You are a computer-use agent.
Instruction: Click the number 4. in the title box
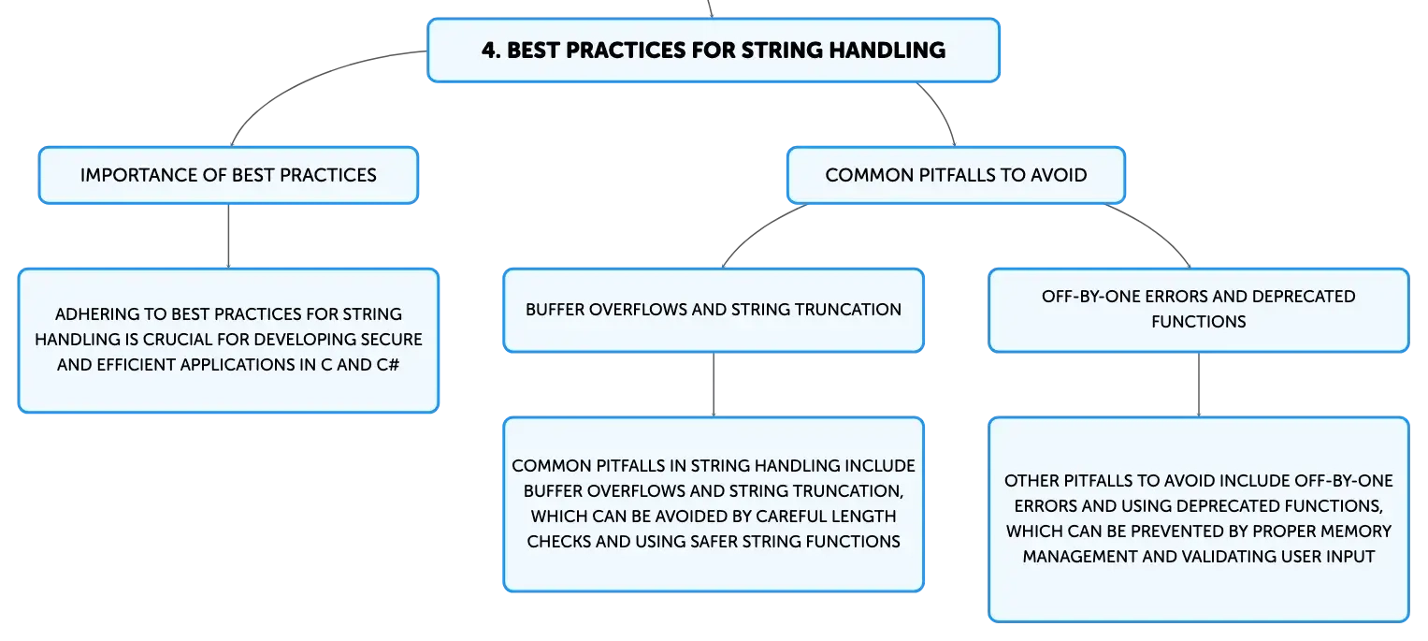click(491, 50)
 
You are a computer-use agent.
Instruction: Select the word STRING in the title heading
click(781, 50)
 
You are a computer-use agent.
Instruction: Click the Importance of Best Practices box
click(228, 175)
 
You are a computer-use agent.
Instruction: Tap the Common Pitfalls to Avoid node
click(956, 175)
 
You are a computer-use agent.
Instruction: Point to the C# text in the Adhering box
click(387, 364)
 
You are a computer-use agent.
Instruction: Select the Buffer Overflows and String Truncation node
click(714, 310)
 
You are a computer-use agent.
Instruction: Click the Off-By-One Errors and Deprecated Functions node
click(1199, 310)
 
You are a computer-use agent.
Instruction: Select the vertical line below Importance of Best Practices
click(228, 236)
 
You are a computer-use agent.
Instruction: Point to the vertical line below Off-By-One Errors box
click(1199, 385)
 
